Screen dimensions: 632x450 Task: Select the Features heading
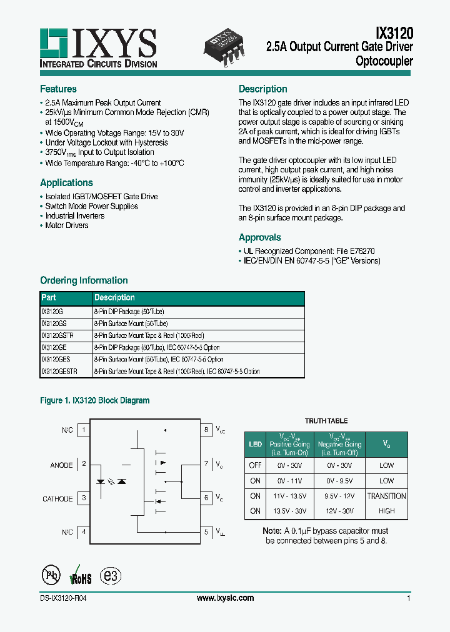click(x=58, y=89)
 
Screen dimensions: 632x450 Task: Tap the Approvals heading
click(x=260, y=238)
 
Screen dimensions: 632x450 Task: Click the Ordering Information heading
click(x=84, y=281)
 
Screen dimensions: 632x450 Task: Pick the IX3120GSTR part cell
click(x=56, y=335)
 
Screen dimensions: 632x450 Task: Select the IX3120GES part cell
click(x=55, y=360)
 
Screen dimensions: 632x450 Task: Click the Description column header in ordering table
click(x=114, y=298)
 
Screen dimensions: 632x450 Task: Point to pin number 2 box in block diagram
click(x=84, y=464)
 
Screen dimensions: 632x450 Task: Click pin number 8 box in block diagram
click(x=206, y=430)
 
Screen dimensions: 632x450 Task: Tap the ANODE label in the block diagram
click(x=61, y=465)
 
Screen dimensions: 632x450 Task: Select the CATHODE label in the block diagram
click(x=57, y=499)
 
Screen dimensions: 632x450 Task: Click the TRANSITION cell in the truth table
click(x=386, y=496)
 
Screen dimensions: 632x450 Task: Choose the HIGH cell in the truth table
click(x=386, y=511)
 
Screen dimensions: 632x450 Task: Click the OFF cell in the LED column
click(x=255, y=465)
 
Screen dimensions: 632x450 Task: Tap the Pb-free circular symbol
click(x=50, y=575)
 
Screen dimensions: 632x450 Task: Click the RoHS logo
click(x=81, y=575)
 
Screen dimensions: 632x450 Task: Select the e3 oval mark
click(x=112, y=575)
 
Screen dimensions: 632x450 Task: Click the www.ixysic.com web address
click(x=225, y=598)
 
